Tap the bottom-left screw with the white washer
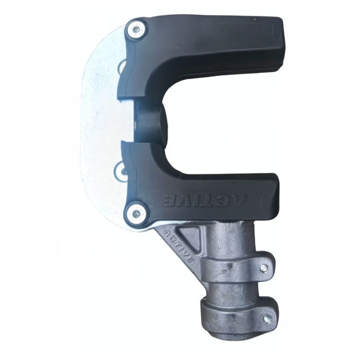point(136,212)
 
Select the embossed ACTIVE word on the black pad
point(205,201)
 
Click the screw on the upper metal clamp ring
point(264,267)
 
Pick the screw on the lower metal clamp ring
point(267,319)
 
